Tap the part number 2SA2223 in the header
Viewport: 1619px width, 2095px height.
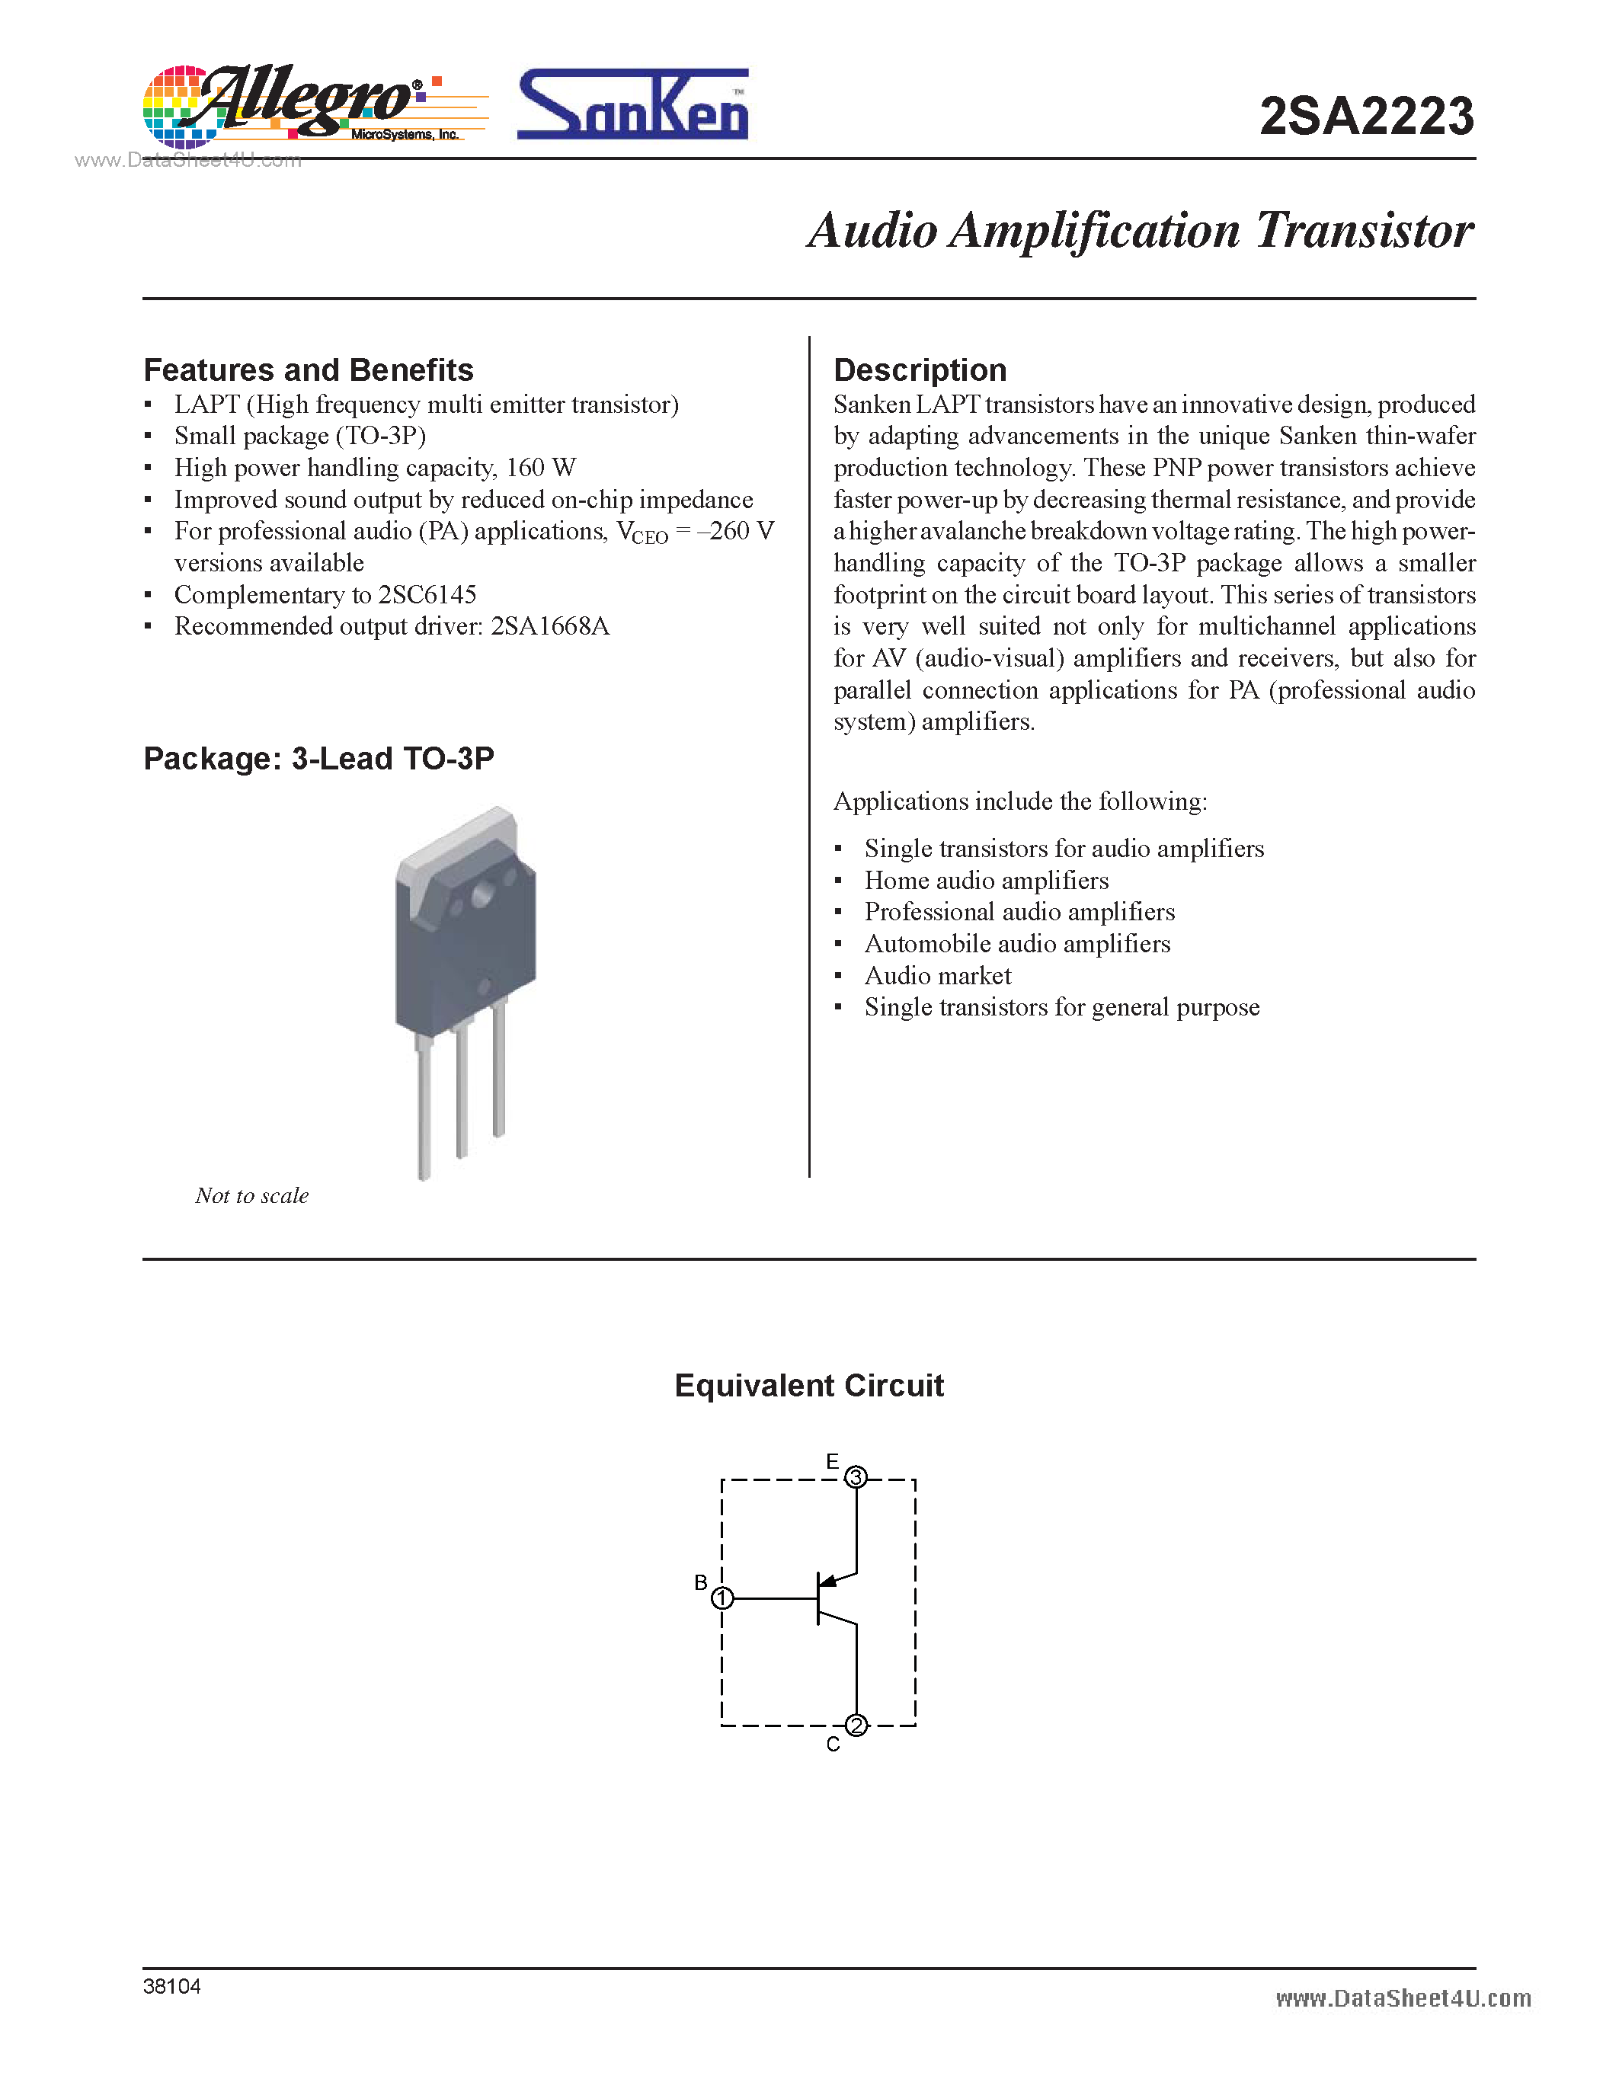tap(1366, 117)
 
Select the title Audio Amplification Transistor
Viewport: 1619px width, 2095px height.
tap(1141, 231)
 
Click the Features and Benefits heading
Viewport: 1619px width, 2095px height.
tap(308, 370)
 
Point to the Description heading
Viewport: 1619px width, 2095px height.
tap(920, 370)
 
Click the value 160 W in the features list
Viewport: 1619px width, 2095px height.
tap(541, 468)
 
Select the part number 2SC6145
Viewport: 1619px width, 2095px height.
tap(427, 595)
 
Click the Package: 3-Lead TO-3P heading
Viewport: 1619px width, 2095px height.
tap(318, 759)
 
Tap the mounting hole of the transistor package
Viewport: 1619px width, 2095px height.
tap(482, 895)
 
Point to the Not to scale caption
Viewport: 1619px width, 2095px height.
tap(251, 1195)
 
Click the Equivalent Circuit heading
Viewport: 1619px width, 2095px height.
tap(808, 1386)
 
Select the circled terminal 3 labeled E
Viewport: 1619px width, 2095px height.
tap(856, 1476)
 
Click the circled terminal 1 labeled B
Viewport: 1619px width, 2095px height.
tap(722, 1598)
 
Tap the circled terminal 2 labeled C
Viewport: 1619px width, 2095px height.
tap(856, 1726)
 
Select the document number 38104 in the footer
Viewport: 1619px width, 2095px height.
tap(171, 1987)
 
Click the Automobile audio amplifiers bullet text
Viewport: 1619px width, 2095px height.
tap(1016, 944)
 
